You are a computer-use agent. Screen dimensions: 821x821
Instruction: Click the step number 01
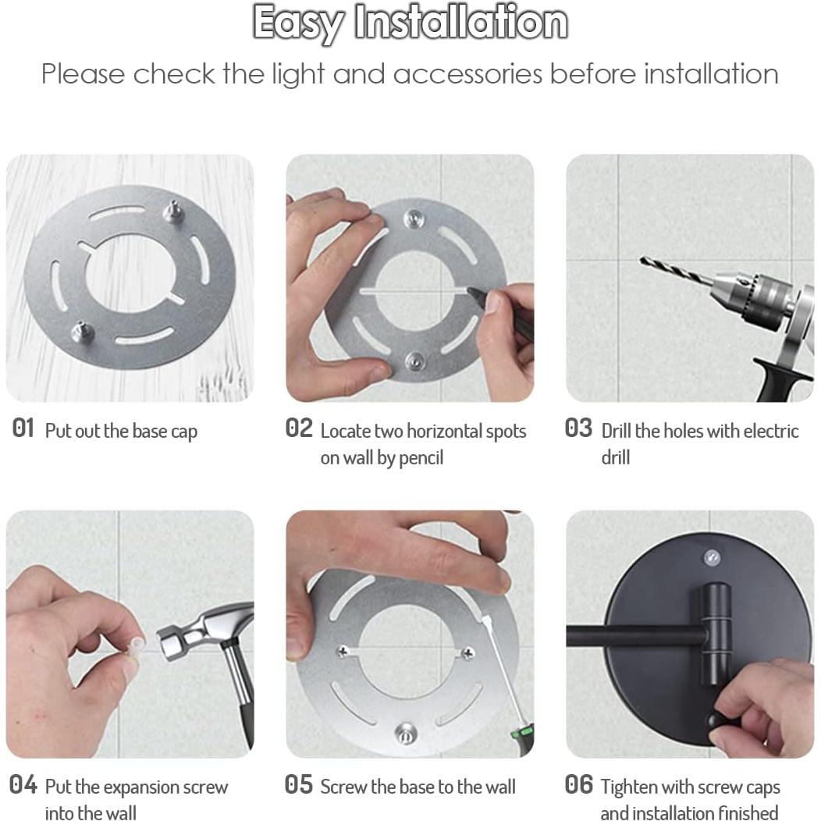pyautogui.click(x=23, y=428)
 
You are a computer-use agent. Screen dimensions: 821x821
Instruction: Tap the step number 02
pyautogui.click(x=299, y=428)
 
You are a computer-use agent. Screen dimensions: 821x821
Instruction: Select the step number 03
pyautogui.click(x=578, y=428)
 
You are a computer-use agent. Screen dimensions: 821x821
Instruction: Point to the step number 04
pyautogui.click(x=23, y=785)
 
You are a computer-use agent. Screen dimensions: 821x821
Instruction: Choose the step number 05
pyautogui.click(x=299, y=785)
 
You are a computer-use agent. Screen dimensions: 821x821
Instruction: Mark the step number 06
pyautogui.click(x=578, y=785)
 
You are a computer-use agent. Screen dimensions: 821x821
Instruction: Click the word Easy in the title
pyautogui.click(x=299, y=23)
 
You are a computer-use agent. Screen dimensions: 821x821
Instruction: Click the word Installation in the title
pyautogui.click(x=460, y=23)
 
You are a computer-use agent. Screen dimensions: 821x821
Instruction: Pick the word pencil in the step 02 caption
pyautogui.click(x=421, y=458)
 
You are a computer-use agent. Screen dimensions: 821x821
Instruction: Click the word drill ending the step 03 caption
pyautogui.click(x=615, y=458)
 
